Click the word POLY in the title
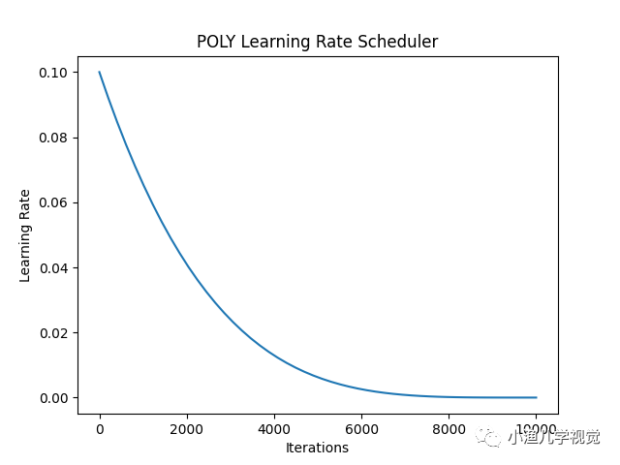(216, 42)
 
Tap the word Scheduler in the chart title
(401, 42)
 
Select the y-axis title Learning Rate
(25, 235)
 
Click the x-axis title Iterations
(317, 448)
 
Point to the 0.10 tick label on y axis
(52, 73)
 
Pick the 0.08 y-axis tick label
(52, 138)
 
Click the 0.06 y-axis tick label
(52, 202)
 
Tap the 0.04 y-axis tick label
(52, 267)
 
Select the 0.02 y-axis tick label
(52, 332)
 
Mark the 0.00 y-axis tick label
(52, 398)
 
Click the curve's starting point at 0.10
(99, 72)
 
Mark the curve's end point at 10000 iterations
(536, 397)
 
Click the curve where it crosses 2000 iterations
(186, 264)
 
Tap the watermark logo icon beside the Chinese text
(491, 438)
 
